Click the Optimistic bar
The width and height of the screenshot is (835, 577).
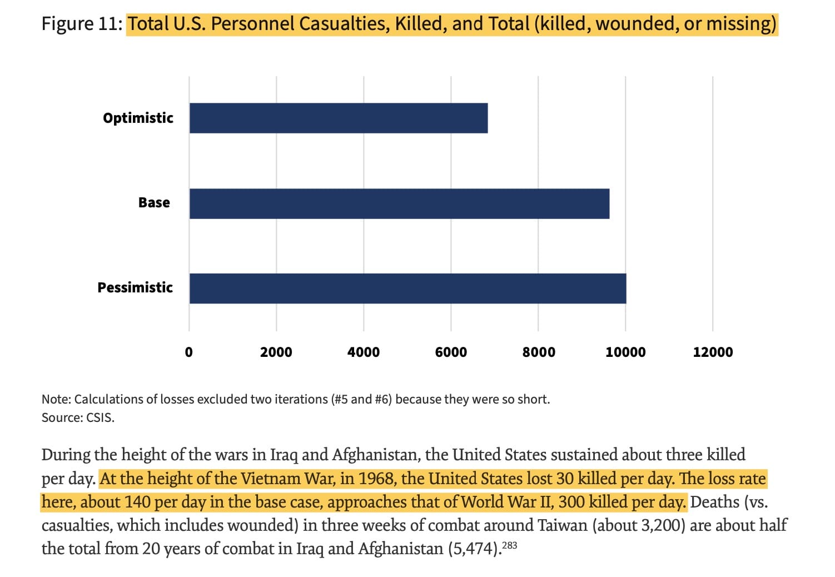(338, 118)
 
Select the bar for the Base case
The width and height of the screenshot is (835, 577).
(399, 203)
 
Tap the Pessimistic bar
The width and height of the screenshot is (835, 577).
(407, 288)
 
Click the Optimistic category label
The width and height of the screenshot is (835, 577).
(138, 118)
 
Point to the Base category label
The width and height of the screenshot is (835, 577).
(154, 202)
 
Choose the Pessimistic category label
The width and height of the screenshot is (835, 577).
(135, 287)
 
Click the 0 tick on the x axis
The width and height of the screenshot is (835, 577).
(189, 352)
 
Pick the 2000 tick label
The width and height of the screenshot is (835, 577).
(276, 352)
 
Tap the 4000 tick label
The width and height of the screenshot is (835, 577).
(364, 352)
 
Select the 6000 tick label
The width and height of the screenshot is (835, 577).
(451, 352)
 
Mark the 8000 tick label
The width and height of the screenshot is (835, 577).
(538, 352)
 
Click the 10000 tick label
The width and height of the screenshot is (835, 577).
(625, 352)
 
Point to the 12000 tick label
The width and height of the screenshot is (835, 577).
(713, 352)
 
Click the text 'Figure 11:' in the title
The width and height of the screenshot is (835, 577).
(82, 24)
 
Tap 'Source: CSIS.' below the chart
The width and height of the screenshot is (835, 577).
(78, 417)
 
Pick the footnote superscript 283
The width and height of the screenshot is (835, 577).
(510, 545)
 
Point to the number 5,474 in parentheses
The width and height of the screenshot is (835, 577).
(473, 549)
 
